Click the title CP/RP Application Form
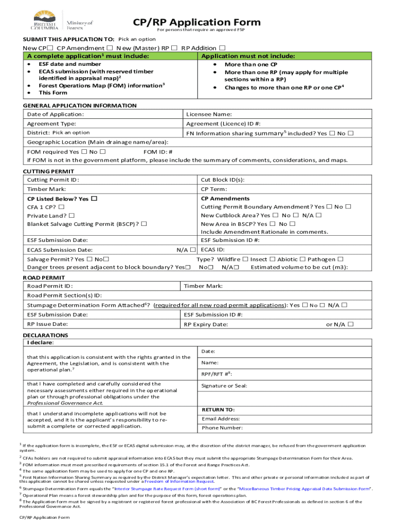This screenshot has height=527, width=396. tap(197, 22)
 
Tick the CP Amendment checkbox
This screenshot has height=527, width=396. tap(110, 48)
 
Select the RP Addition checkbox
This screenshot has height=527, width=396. tap(222, 48)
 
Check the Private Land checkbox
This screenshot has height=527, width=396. tap(71, 216)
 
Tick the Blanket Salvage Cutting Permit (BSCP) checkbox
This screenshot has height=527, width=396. tap(144, 224)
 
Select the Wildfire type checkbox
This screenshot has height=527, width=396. tap(245, 259)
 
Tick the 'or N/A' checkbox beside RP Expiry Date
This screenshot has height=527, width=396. tap(350, 324)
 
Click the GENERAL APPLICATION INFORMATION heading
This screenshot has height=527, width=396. tap(80, 106)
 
